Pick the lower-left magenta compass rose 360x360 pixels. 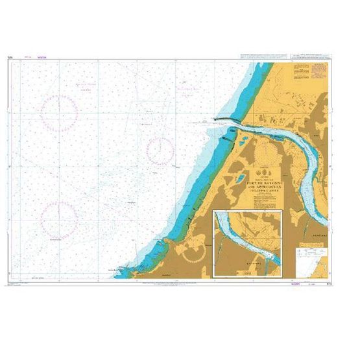pos(60,217)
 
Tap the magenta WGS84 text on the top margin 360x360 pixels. pos(43,58)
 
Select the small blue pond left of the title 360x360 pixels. pos(240,178)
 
